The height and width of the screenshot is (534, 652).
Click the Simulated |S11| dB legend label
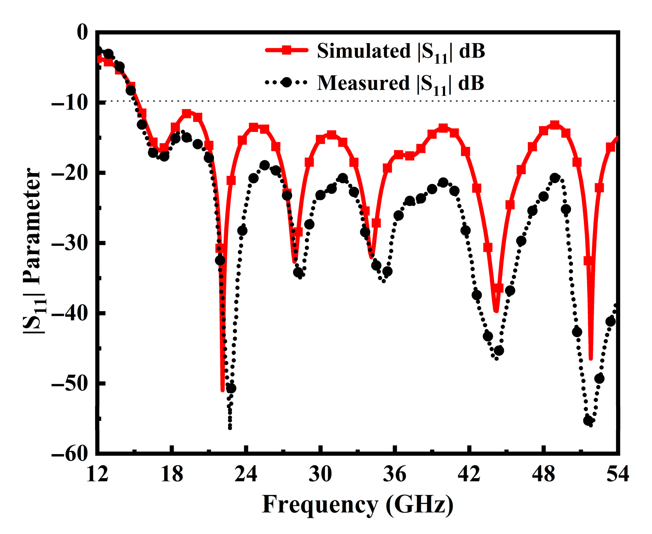(401, 51)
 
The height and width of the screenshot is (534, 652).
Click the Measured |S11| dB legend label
(401, 83)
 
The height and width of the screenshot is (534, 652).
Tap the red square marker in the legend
(286, 50)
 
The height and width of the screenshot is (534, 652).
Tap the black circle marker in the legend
(286, 82)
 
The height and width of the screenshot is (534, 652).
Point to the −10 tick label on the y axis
(69, 102)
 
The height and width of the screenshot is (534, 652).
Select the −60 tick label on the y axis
(69, 453)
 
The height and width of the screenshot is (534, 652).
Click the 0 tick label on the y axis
(82, 32)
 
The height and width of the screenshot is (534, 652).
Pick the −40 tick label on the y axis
(69, 313)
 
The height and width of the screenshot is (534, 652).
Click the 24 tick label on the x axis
(246, 474)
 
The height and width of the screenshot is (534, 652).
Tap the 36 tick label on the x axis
(395, 474)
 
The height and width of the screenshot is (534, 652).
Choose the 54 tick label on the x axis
(618, 474)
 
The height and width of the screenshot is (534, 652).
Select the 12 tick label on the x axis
(97, 474)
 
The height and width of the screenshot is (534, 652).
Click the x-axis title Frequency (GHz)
(358, 505)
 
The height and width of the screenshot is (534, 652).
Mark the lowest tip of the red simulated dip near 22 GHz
(223, 390)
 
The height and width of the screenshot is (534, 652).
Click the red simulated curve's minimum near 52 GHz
(591, 359)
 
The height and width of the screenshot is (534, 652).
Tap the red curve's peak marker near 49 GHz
(555, 125)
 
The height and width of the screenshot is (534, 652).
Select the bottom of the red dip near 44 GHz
(496, 312)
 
